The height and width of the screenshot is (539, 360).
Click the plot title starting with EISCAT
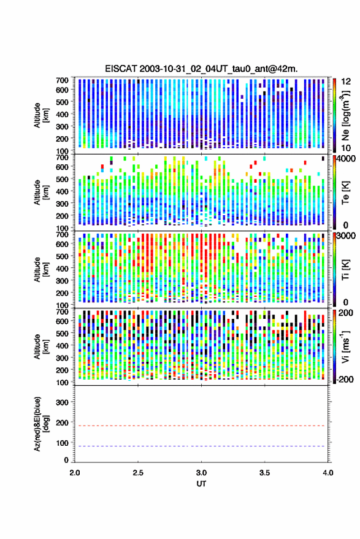201,69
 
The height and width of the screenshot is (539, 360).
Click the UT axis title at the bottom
201,484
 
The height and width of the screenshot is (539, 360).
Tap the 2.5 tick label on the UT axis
138,473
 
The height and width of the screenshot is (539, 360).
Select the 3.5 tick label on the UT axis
264,473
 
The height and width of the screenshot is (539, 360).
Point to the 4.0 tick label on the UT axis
327,473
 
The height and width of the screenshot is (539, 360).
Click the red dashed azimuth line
202,426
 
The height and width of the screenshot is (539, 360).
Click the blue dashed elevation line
202,446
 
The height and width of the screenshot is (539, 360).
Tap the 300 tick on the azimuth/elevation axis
62,402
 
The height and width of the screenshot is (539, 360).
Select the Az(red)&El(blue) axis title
41,424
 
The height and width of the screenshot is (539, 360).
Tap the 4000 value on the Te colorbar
345,159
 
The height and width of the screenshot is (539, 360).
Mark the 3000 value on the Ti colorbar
345,236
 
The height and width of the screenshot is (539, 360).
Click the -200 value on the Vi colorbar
345,379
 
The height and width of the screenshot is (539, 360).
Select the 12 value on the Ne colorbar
346,82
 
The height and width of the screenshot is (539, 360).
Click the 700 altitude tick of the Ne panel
62,80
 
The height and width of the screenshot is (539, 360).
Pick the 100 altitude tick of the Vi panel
62,382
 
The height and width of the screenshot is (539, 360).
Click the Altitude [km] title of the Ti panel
41,270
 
